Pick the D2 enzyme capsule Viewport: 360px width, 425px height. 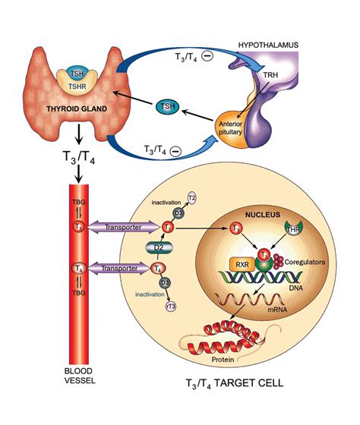pos(156,247)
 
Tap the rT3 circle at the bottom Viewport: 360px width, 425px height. pos(172,306)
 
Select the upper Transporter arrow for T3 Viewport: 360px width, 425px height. pos(122,226)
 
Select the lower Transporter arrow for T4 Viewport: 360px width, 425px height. pos(122,267)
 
